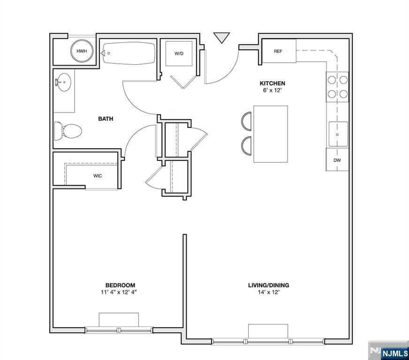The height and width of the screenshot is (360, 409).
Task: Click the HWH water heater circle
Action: tap(82, 51)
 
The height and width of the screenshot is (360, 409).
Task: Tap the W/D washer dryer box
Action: tap(179, 54)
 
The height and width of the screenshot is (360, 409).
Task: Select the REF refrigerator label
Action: tap(278, 51)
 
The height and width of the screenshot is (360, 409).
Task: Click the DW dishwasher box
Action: tap(337, 160)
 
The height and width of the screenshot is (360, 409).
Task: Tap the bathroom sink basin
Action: tap(63, 83)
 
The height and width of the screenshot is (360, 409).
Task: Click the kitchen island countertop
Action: tap(271, 134)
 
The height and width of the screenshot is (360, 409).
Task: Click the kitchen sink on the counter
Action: tap(338, 134)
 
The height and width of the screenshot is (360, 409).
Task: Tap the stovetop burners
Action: tap(338, 87)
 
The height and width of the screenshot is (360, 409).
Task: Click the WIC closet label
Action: tap(98, 176)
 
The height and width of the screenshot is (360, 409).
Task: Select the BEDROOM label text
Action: tap(120, 285)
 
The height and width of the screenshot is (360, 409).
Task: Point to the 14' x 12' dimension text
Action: tap(268, 292)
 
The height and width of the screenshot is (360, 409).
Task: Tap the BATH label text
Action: tap(106, 119)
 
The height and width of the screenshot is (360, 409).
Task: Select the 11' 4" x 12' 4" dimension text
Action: tap(120, 292)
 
